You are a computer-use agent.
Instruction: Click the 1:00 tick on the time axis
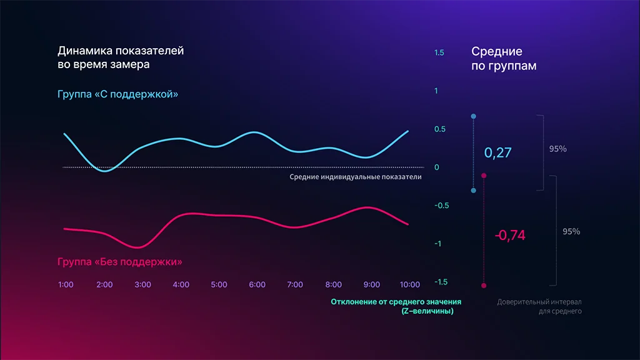click(66, 284)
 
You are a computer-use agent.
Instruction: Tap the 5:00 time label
click(219, 284)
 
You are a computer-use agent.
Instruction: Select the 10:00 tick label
click(409, 284)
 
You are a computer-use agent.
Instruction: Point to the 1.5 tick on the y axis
click(439, 53)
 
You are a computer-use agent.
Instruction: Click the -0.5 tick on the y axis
click(442, 206)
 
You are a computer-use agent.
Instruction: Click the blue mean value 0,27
click(498, 152)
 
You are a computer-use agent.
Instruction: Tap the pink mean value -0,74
click(510, 235)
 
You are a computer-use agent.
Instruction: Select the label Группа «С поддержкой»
click(118, 95)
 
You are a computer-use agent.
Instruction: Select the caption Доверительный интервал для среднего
click(539, 306)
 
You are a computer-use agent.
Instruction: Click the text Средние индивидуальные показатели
click(355, 177)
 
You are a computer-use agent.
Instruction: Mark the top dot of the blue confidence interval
click(473, 116)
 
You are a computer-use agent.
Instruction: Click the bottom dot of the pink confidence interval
click(484, 286)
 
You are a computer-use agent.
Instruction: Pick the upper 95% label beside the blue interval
click(557, 149)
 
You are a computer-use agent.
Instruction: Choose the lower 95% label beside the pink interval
click(571, 231)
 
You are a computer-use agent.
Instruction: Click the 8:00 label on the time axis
click(334, 284)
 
